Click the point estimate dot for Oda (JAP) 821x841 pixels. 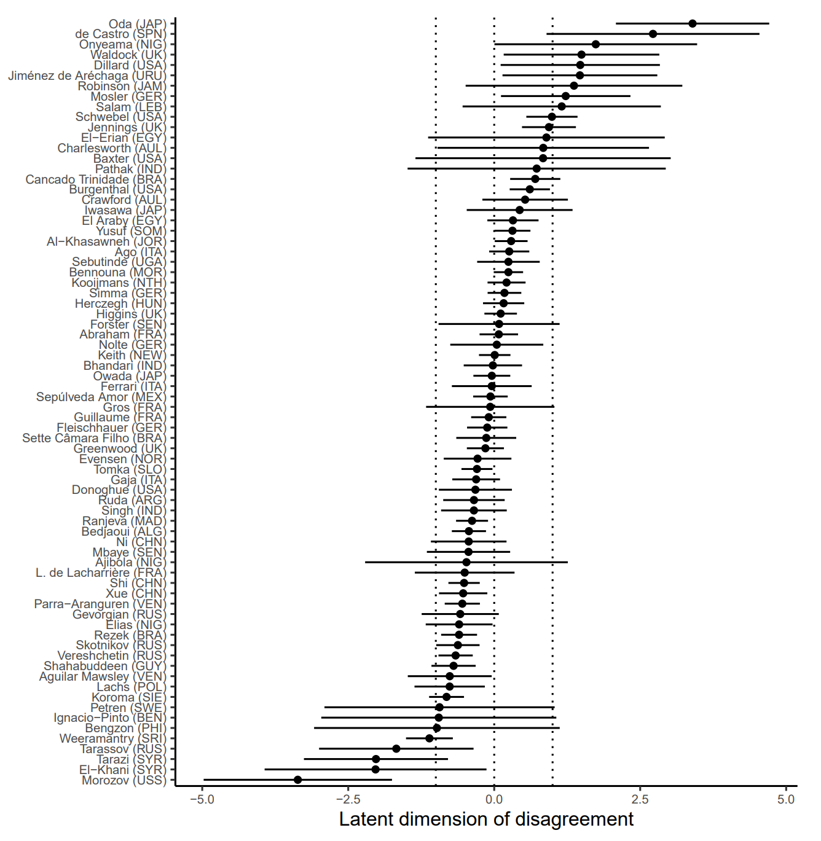693,24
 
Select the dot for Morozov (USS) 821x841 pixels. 298,780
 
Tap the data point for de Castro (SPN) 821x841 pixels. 653,34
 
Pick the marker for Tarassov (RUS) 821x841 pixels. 396,749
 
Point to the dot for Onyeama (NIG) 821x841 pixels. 595,44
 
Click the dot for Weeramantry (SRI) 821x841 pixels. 430,738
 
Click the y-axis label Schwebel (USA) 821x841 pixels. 120,117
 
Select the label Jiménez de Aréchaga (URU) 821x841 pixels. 87,76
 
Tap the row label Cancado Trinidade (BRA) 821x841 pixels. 96,179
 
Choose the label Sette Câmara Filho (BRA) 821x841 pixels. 94,438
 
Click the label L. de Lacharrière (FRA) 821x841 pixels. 101,573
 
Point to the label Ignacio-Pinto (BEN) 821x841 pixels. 110,718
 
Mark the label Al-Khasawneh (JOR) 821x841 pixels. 106,241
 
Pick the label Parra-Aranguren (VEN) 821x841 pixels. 100,604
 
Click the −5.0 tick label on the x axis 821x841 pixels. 202,799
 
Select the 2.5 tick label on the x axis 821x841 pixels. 640,799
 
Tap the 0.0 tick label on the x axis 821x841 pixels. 494,799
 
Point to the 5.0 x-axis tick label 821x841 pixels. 786,799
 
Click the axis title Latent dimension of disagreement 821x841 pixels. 486,819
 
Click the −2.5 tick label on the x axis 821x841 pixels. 348,799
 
